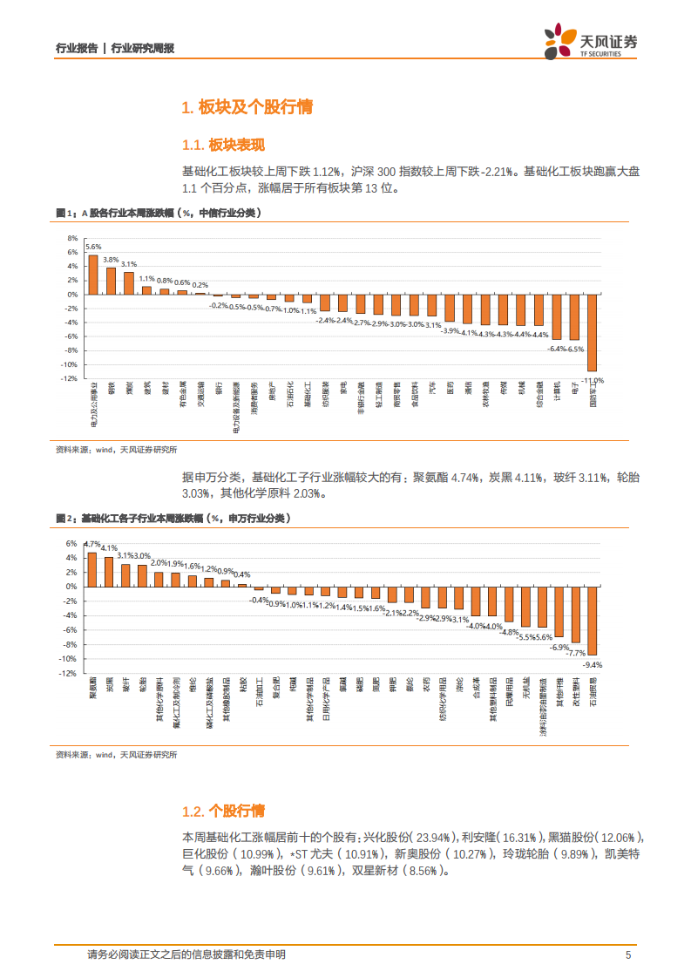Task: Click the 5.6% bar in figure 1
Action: tap(93, 274)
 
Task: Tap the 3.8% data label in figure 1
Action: tap(111, 260)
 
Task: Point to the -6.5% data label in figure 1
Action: tap(575, 349)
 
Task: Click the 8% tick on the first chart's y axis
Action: tap(72, 238)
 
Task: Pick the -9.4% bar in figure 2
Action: tap(593, 621)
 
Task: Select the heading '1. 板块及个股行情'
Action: tap(246, 107)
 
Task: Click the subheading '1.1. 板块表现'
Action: tap(222, 145)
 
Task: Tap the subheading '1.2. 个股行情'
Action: tap(222, 811)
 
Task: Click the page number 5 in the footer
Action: tap(627, 954)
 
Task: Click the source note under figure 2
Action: tap(116, 755)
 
